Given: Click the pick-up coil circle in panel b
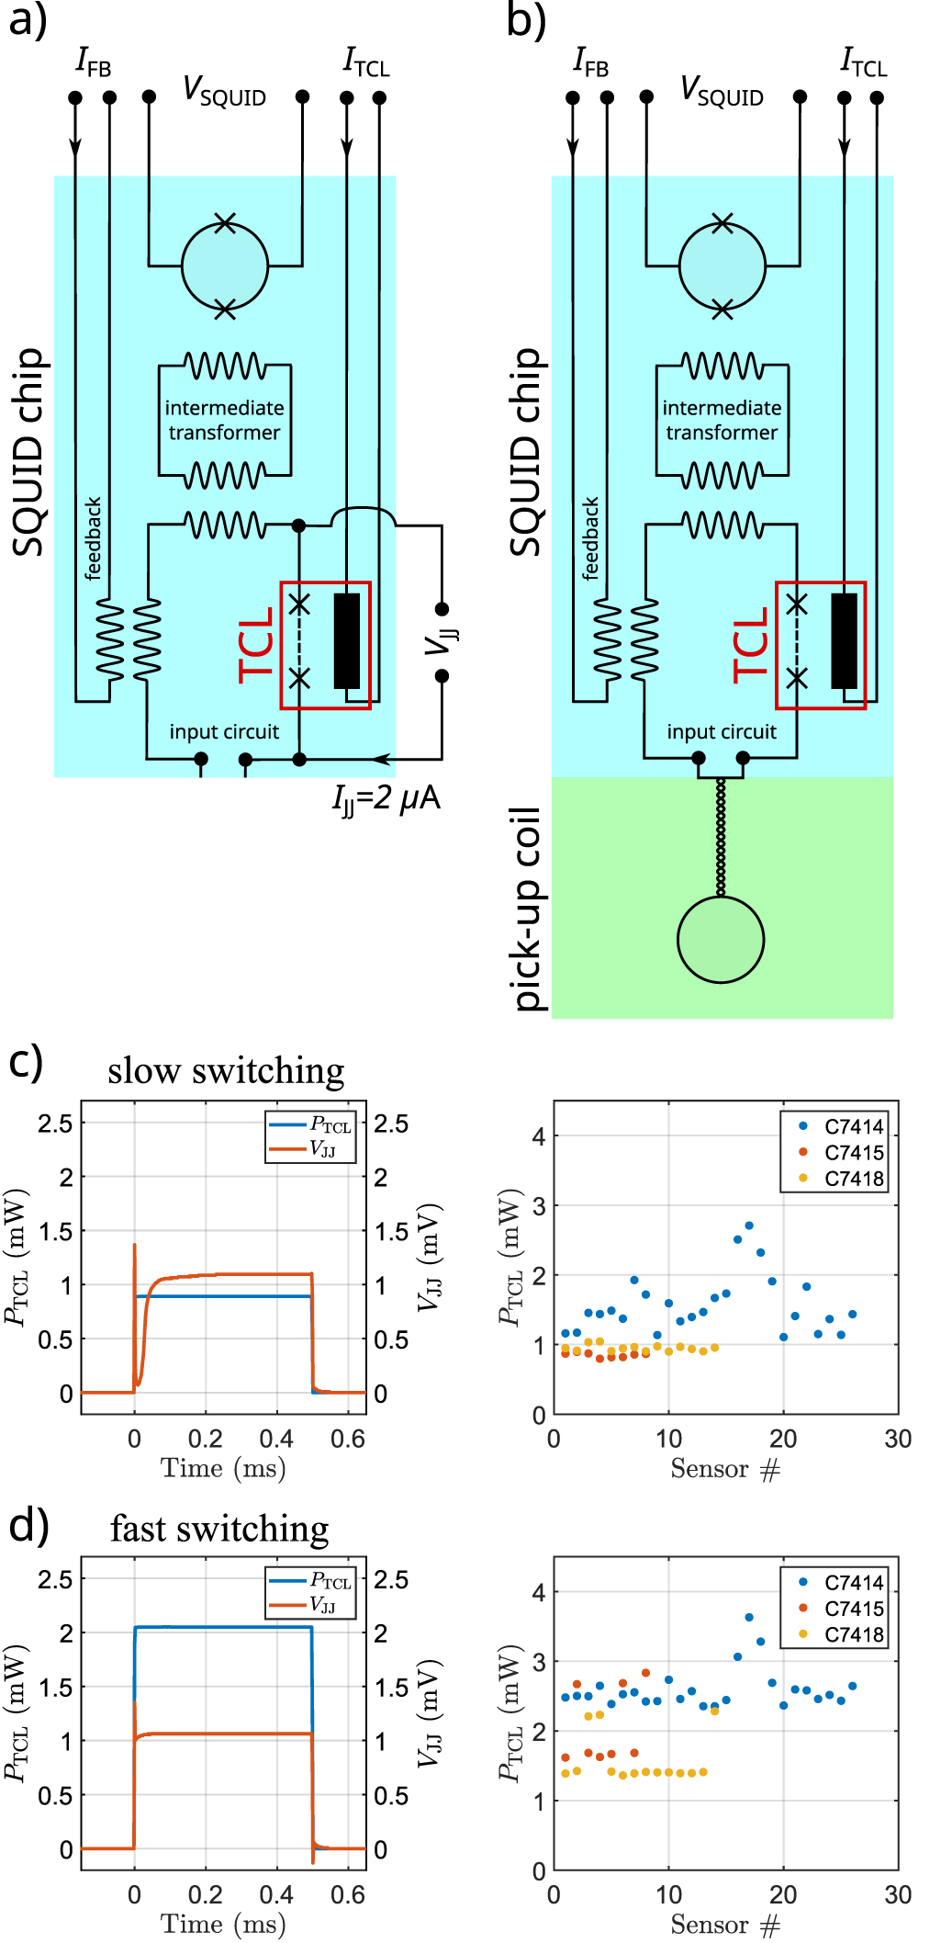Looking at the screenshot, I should tap(721, 939).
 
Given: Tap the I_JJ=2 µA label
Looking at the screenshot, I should tap(386, 798).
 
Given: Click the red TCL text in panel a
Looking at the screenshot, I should tap(257, 645).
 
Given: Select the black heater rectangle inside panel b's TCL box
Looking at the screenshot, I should tap(844, 640).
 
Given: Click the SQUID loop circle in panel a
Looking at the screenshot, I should tap(225, 266).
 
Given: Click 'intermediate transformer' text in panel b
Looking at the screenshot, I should tap(722, 420).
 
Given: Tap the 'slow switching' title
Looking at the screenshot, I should tap(226, 1071).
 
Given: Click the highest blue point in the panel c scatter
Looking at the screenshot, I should tap(749, 1226).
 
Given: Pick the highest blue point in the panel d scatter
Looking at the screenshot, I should tap(749, 1617).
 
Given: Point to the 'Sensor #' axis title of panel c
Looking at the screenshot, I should tap(724, 1469).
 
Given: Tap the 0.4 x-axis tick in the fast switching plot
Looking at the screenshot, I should tap(276, 1894).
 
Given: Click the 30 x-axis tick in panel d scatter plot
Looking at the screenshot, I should tap(897, 1894).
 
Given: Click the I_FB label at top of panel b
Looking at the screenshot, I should tap(590, 62).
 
